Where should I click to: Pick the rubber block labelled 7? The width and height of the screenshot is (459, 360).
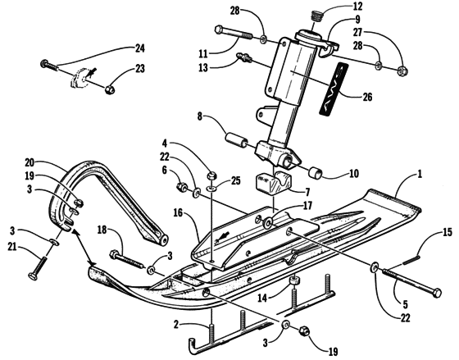(274, 184)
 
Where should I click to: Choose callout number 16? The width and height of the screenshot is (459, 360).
(178, 212)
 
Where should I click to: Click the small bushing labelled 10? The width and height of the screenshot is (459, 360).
(315, 172)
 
